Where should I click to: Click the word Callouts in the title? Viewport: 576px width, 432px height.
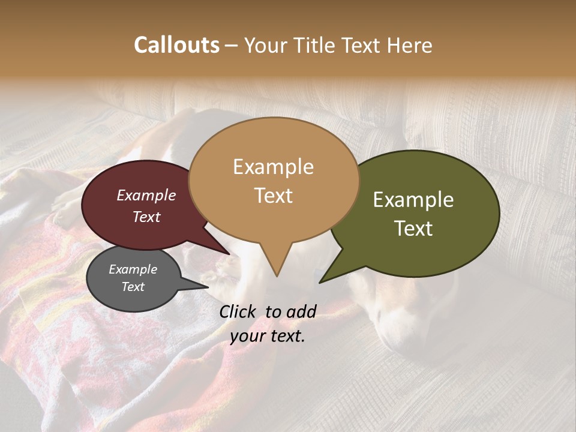tap(176, 45)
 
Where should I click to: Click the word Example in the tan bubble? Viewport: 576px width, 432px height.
tap(274, 167)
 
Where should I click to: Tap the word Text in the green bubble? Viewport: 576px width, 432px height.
tap(414, 229)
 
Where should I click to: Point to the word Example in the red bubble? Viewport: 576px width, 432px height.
tap(146, 195)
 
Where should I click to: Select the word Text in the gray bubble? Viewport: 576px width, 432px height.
tap(133, 287)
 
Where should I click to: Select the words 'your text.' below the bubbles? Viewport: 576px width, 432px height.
tap(268, 337)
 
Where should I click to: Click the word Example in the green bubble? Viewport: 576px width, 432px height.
tap(413, 200)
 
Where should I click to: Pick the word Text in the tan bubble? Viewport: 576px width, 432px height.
tap(274, 196)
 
